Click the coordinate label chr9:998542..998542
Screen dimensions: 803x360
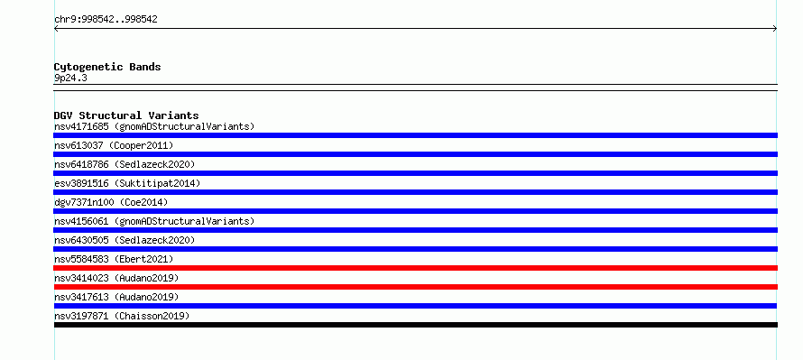click(x=106, y=20)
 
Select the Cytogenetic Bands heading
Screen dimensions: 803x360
click(x=107, y=67)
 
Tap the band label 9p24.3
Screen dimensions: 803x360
click(x=70, y=78)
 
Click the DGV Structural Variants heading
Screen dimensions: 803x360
click(x=126, y=115)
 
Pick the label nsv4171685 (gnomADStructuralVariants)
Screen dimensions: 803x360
click(x=154, y=126)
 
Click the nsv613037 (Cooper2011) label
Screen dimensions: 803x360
click(x=114, y=145)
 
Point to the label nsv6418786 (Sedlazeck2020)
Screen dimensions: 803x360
click(x=125, y=164)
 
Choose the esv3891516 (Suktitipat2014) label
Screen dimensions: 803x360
click(x=127, y=183)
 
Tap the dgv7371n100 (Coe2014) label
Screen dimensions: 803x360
click(x=111, y=202)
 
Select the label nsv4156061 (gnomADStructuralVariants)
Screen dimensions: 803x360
click(x=154, y=221)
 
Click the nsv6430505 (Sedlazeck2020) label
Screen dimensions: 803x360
click(x=125, y=240)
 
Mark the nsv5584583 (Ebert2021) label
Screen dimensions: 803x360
click(x=114, y=259)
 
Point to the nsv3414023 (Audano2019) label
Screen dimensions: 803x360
click(x=116, y=278)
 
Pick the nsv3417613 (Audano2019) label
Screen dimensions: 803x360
click(x=116, y=297)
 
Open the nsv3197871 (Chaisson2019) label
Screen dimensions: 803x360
click(x=122, y=316)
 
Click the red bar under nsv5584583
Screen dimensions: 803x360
click(x=415, y=268)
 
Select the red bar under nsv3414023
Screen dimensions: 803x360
click(x=415, y=287)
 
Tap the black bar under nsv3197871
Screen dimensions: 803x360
click(x=415, y=325)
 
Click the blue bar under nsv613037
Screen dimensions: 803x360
click(x=415, y=154)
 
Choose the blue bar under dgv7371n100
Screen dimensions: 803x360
click(x=415, y=211)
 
